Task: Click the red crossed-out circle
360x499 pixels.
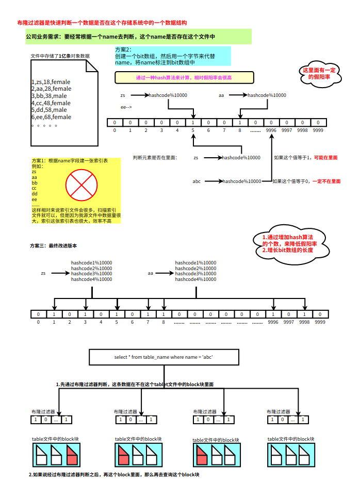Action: pos(81,186)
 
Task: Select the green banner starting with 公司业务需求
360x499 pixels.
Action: pos(138,37)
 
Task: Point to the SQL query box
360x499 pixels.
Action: pos(163,357)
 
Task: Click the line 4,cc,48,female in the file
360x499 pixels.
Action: pos(51,103)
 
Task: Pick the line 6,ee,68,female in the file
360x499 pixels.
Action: pos(51,117)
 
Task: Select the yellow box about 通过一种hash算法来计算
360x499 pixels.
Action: pos(184,78)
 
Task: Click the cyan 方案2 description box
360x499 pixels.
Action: pos(172,56)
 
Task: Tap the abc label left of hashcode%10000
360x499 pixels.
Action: pos(197,181)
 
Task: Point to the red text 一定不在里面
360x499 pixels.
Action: pos(326,181)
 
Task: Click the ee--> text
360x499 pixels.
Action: pos(126,107)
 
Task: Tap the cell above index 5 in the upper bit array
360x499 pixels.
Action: pos(193,123)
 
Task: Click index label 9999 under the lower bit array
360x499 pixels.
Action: pos(320,322)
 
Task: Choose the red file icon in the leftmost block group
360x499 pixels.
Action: pos(72,456)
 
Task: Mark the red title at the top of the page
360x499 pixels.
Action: pos(102,23)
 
